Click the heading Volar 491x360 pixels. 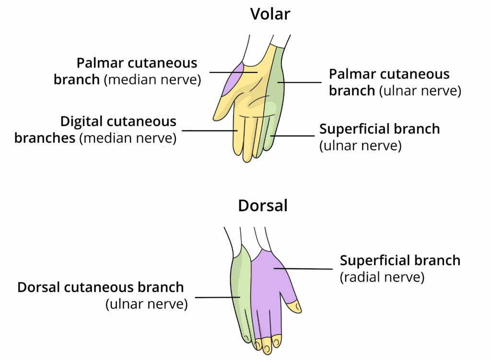(x=270, y=14)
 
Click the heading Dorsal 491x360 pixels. (x=263, y=206)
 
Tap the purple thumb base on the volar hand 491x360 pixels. (x=232, y=80)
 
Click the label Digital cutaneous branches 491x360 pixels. (x=118, y=122)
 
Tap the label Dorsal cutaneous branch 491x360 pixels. (x=101, y=288)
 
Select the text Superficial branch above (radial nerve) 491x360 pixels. (x=400, y=260)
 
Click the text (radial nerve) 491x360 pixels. (x=382, y=277)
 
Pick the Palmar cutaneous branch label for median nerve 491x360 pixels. (x=137, y=63)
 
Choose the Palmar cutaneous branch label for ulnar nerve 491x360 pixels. (x=389, y=74)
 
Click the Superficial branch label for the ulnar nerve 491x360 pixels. (x=379, y=129)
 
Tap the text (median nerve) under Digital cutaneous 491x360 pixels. (x=128, y=139)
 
